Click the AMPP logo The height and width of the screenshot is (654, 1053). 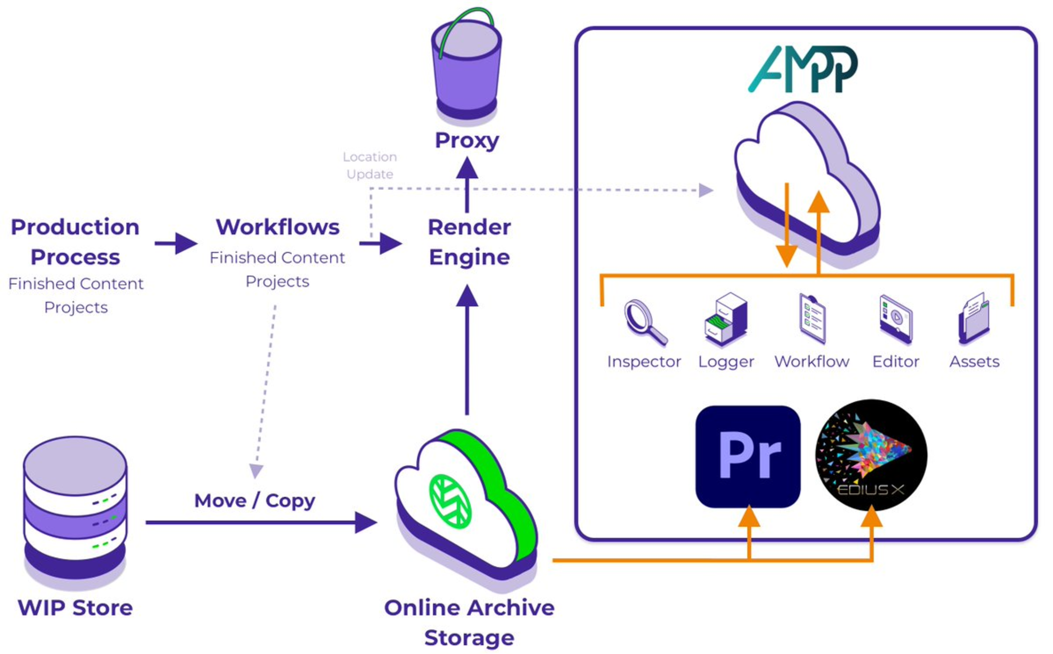pyautogui.click(x=802, y=69)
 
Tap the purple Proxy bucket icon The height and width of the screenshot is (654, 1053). pyautogui.click(x=467, y=67)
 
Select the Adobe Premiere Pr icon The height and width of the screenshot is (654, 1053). pyautogui.click(x=748, y=456)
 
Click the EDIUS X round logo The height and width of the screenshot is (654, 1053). pyautogui.click(x=871, y=455)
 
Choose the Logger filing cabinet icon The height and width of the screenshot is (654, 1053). pyautogui.click(x=726, y=319)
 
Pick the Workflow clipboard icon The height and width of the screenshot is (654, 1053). pyautogui.click(x=812, y=319)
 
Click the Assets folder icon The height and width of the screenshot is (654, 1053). pyautogui.click(x=974, y=319)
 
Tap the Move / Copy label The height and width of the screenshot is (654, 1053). pyautogui.click(x=255, y=501)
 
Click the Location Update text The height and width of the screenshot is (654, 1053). pyautogui.click(x=370, y=165)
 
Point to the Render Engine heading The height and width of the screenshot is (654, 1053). pyautogui.click(x=469, y=242)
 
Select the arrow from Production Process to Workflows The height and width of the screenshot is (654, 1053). pyautogui.click(x=176, y=243)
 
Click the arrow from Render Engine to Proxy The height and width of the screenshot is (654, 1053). pyautogui.click(x=467, y=184)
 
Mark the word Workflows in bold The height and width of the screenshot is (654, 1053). pyautogui.click(x=278, y=227)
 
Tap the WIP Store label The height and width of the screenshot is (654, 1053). pyautogui.click(x=75, y=608)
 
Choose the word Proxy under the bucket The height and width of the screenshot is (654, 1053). pyautogui.click(x=467, y=140)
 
